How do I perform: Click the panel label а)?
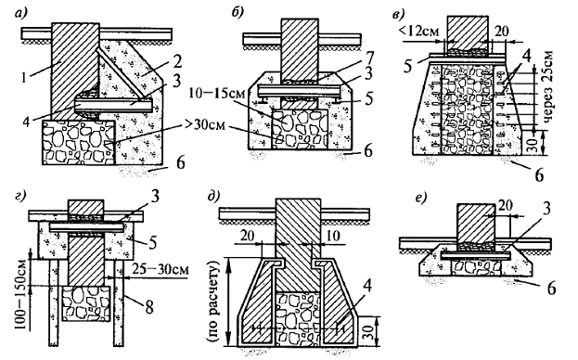click(x=21, y=14)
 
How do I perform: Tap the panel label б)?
click(x=238, y=13)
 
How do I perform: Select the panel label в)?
click(x=399, y=14)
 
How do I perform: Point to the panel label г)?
click(x=21, y=196)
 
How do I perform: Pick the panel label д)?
click(x=213, y=196)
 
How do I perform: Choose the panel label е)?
click(x=421, y=198)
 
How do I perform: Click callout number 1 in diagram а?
click(x=24, y=77)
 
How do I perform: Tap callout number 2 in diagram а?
click(x=177, y=61)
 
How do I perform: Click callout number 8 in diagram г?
click(x=149, y=307)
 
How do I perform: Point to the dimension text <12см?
click(x=418, y=32)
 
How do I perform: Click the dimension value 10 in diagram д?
click(x=334, y=236)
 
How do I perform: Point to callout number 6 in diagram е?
click(x=551, y=289)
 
